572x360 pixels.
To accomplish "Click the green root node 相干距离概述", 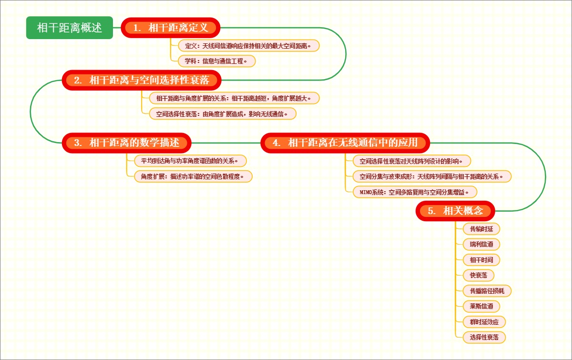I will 70,28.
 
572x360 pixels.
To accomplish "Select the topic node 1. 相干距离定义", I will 171,28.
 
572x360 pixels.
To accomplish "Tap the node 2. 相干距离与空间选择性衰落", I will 142,80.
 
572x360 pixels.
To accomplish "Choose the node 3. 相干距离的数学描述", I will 127,143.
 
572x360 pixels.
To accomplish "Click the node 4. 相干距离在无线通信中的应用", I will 346,143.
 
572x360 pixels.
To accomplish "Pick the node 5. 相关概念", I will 456,211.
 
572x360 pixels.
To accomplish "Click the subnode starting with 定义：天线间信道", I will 248,46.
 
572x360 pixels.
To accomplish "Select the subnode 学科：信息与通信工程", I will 217,61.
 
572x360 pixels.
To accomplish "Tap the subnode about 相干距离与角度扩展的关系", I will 231,98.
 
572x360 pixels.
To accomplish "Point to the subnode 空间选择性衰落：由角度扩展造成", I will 219,113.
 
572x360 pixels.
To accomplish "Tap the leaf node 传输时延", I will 481,229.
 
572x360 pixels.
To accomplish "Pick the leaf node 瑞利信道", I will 481,244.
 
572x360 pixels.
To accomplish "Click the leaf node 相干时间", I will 481,260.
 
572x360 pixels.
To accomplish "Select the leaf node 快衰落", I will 478,275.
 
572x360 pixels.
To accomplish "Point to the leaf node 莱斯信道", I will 481,306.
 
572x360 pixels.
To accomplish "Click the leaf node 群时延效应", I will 484,322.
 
